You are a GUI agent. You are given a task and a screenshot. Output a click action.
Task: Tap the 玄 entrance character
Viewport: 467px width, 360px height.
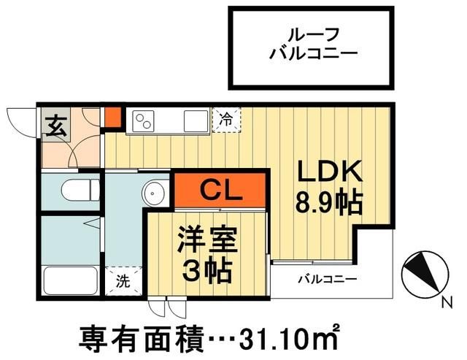pos(55,126)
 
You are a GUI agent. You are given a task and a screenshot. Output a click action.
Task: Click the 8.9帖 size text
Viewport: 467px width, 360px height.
pos(328,201)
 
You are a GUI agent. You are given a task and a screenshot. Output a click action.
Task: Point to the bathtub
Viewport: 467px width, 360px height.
pos(70,281)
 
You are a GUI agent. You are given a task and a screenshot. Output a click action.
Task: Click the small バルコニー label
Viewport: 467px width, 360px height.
pos(326,280)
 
